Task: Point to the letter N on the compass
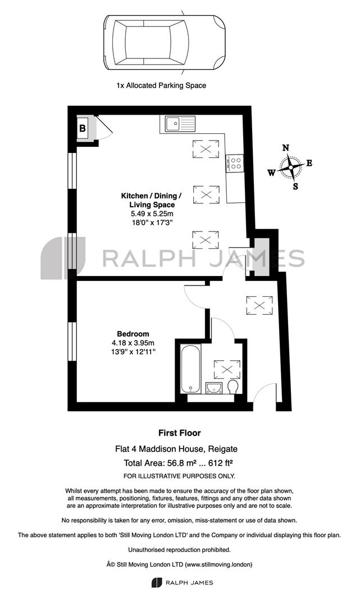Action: click(x=286, y=147)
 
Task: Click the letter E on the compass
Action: click(x=309, y=163)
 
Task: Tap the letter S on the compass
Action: click(x=295, y=186)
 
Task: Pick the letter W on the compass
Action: click(x=272, y=173)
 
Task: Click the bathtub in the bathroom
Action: click(x=190, y=369)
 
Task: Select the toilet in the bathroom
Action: click(x=233, y=387)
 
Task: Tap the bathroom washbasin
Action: click(x=214, y=388)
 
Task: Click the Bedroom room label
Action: click(x=133, y=334)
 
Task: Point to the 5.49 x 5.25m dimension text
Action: click(x=152, y=214)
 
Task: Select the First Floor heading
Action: click(x=180, y=433)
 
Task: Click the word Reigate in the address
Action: click(x=223, y=449)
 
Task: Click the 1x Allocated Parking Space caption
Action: click(x=161, y=85)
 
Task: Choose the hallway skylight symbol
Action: click(x=259, y=305)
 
